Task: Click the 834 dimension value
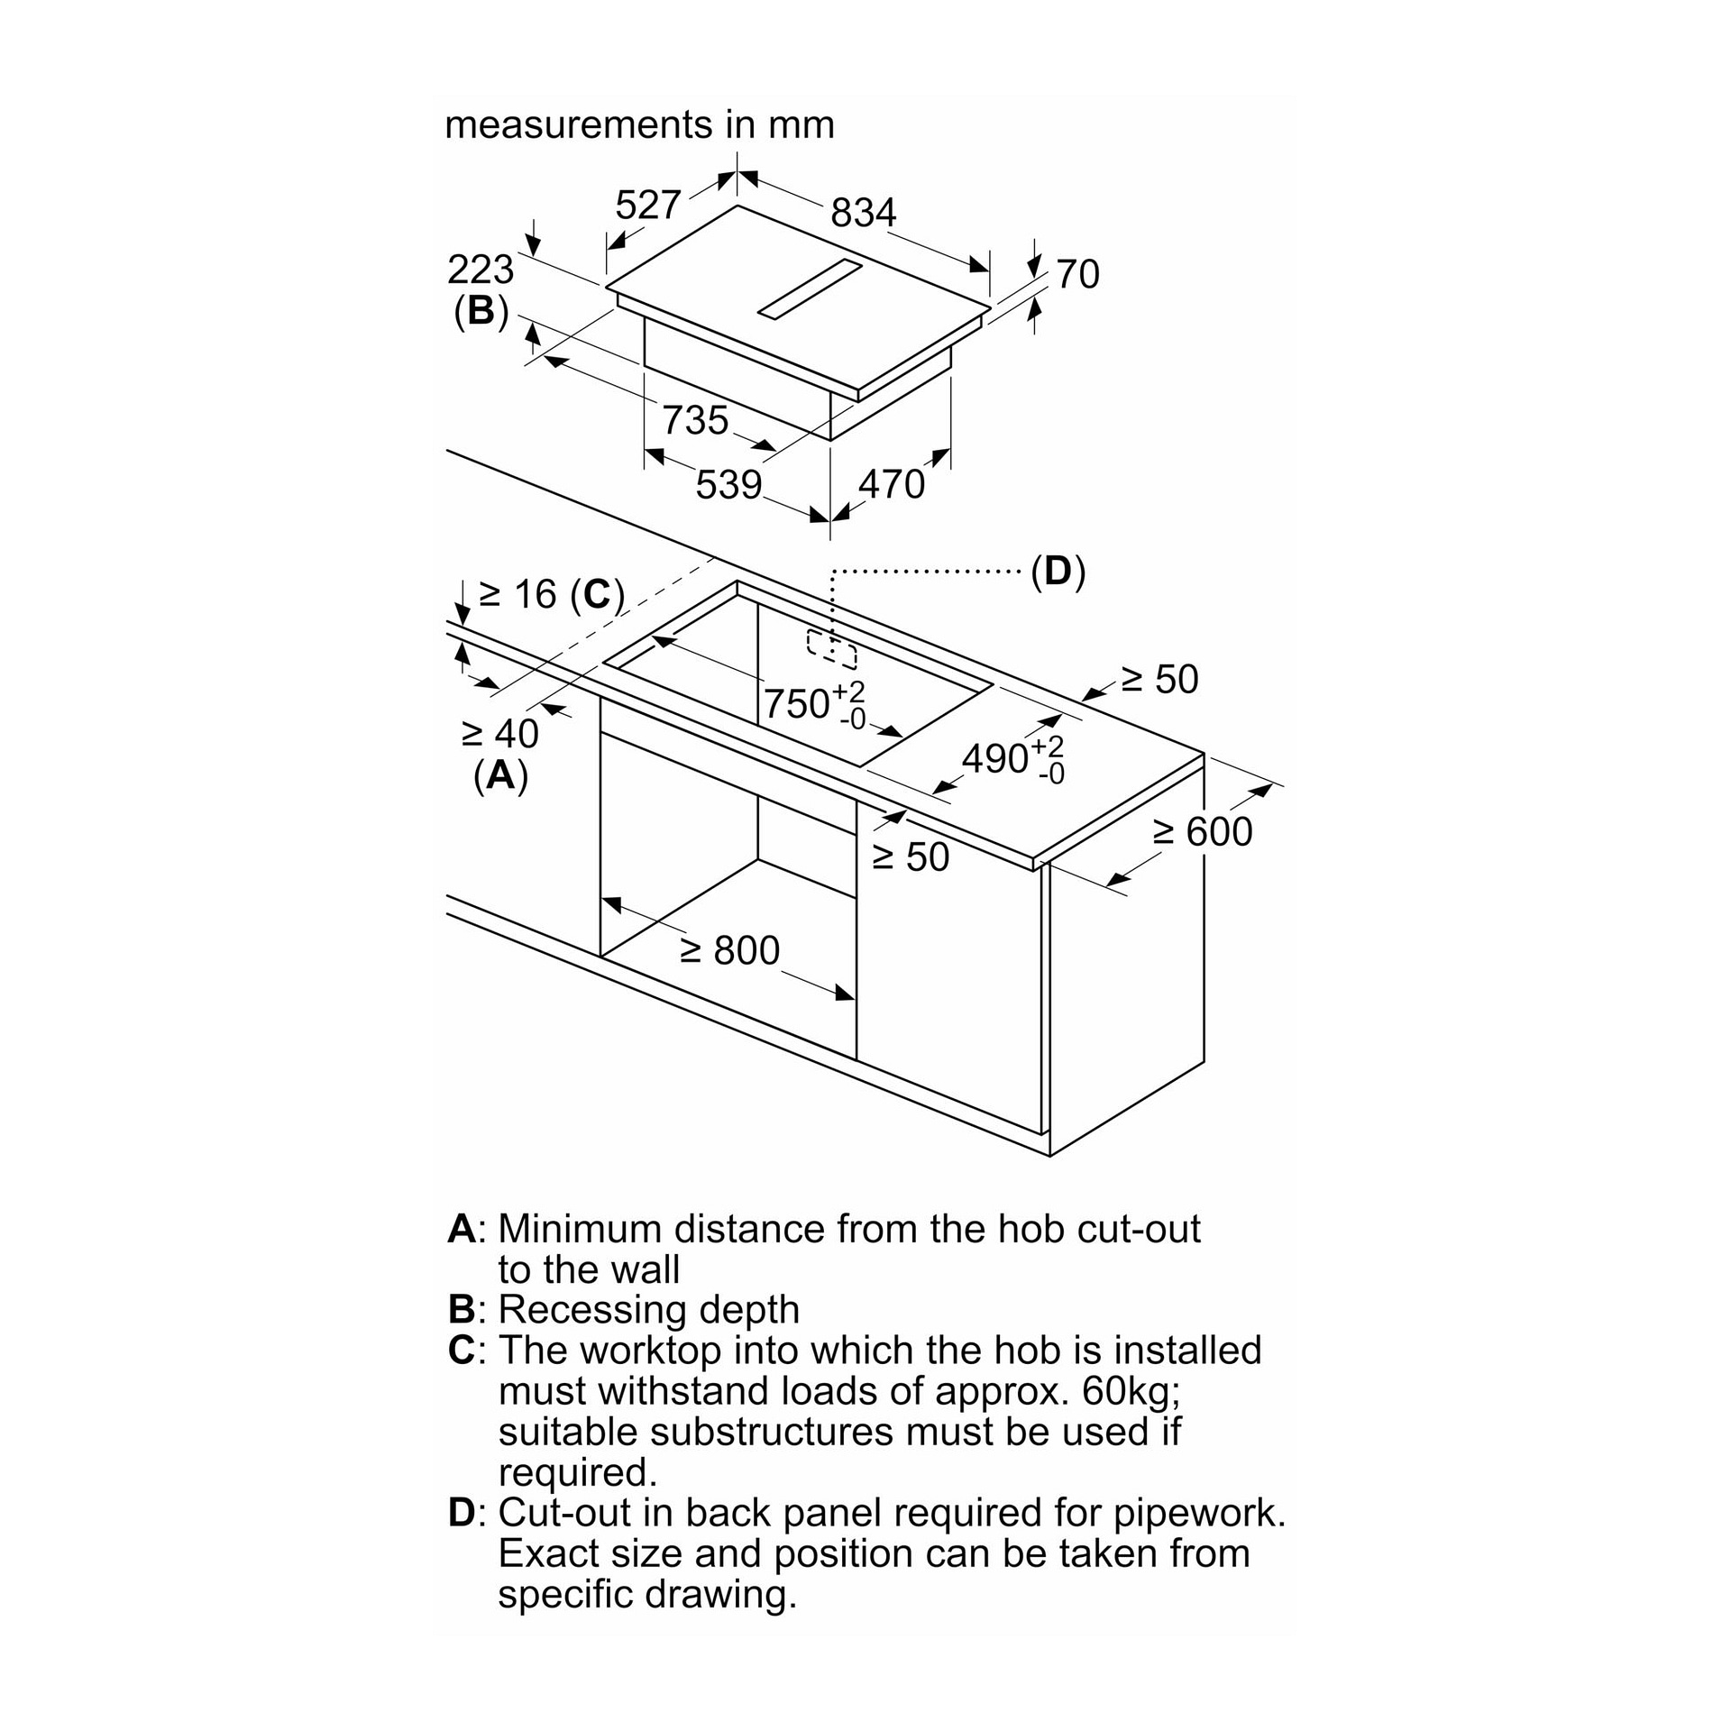tap(863, 213)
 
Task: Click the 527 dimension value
tap(647, 206)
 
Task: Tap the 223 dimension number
tap(481, 270)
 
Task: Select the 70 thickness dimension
tap(1077, 274)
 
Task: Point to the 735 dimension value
tap(695, 421)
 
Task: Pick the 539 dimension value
tap(728, 485)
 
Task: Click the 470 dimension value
tap(892, 485)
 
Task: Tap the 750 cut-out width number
tap(796, 703)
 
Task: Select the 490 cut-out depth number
tap(995, 759)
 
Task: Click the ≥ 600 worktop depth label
tap(1203, 831)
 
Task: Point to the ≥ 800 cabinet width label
tap(730, 951)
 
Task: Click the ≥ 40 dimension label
tap(499, 734)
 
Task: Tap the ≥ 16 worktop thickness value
tap(517, 594)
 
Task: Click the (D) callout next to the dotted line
tap(1058, 572)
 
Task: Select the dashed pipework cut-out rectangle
tap(831, 648)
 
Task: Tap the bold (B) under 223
tap(481, 311)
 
